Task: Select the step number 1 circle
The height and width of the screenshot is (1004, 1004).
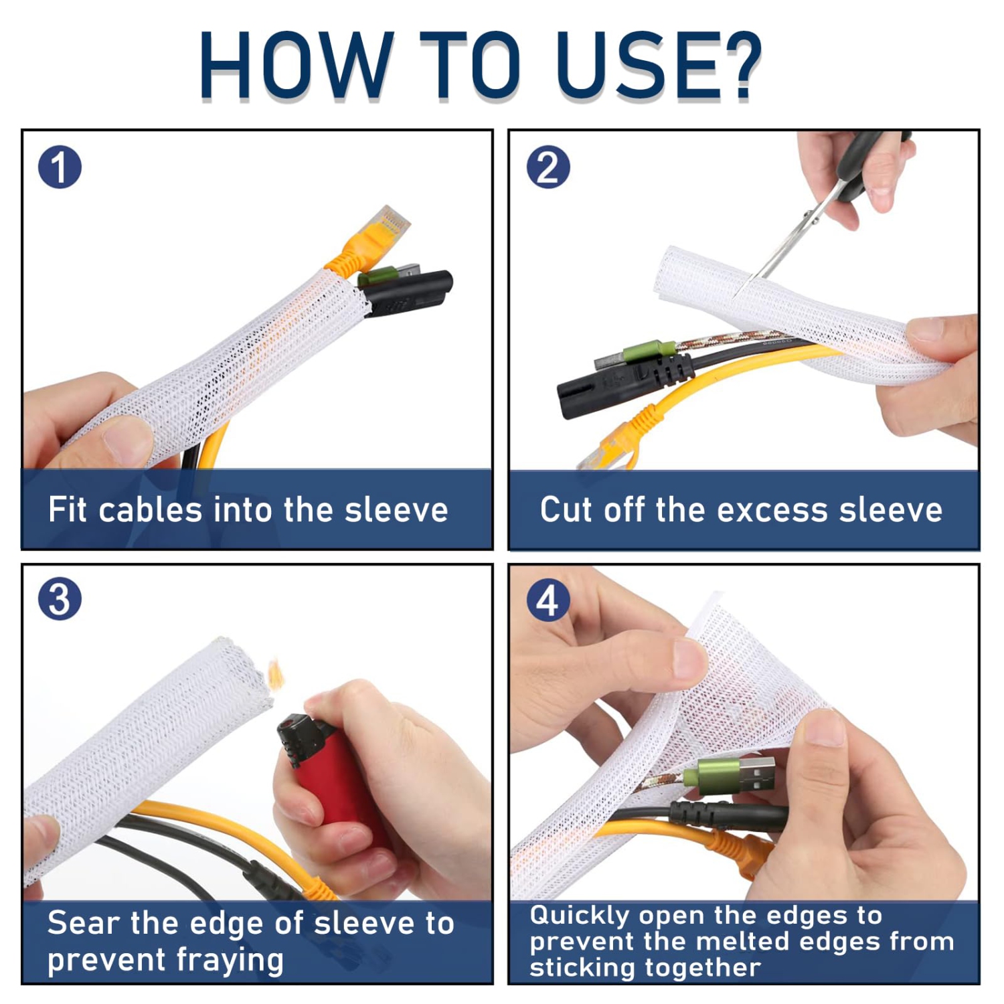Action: pos(60,167)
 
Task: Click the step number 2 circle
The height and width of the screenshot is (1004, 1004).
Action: pos(548,167)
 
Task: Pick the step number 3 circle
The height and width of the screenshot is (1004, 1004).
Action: pos(60,599)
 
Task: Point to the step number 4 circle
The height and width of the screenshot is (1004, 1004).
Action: pos(548,600)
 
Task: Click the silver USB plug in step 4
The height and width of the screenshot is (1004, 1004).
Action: pos(753,775)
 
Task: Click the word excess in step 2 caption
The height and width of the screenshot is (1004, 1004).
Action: pos(773,510)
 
